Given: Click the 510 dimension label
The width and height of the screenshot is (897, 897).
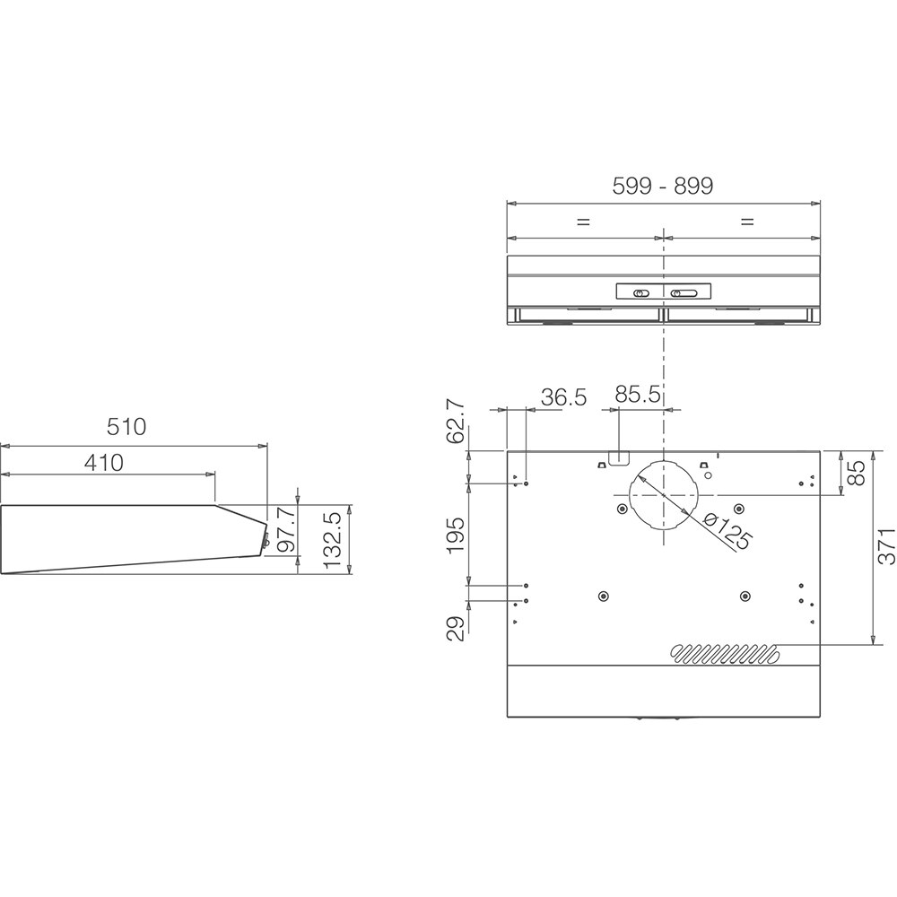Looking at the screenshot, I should [126, 427].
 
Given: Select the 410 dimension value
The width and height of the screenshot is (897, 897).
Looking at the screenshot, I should [104, 463].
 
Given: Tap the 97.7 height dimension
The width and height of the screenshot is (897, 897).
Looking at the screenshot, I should [287, 534].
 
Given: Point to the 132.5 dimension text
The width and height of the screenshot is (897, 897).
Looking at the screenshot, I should [331, 540].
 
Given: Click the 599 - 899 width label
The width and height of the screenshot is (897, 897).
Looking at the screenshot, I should [662, 186].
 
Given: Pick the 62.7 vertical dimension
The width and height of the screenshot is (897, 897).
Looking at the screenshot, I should [456, 422].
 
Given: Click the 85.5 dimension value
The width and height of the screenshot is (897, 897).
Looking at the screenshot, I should [638, 395].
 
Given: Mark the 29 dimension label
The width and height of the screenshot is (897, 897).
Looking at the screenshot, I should [457, 627].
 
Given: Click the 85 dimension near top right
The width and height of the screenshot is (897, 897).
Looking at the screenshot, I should [858, 473].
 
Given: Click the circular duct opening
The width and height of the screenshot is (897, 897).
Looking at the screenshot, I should [662, 494].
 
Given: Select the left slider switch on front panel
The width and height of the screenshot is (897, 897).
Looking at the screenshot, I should [640, 292].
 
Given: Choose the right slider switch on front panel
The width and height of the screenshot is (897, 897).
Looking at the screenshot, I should [684, 292].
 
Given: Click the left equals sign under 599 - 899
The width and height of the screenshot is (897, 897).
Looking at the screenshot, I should [584, 222].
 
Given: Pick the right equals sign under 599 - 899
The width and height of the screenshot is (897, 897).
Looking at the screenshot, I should [747, 222].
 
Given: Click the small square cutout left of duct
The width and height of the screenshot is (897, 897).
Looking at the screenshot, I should [617, 457].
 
